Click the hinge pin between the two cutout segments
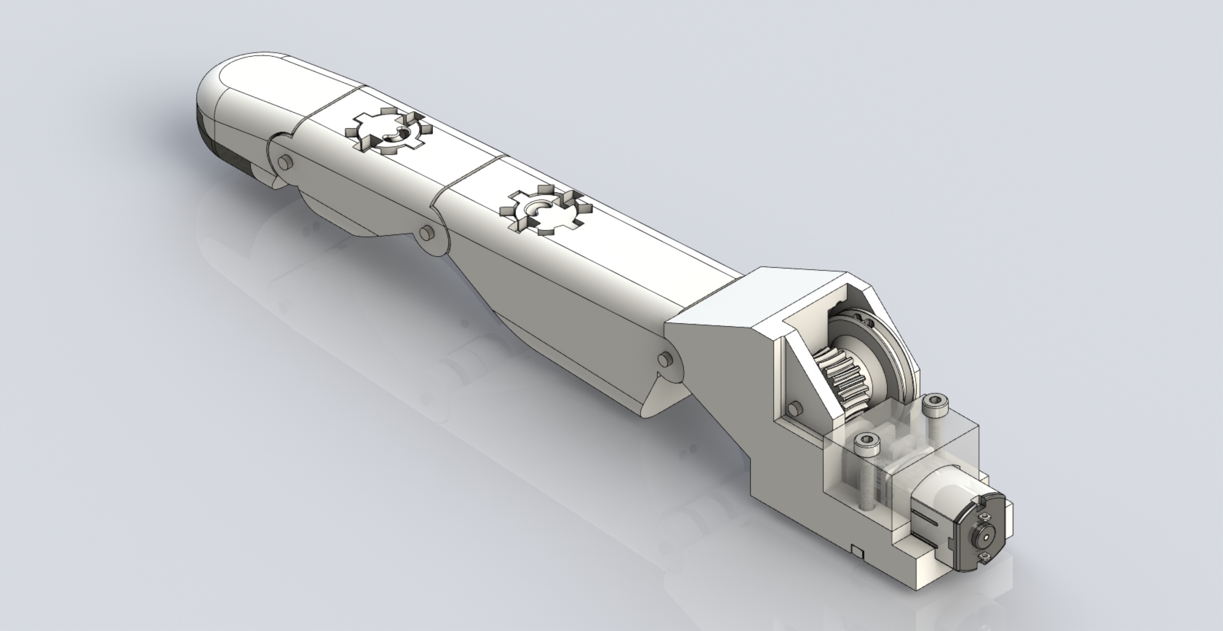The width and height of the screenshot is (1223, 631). (428, 233)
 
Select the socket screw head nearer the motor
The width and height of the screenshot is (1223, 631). (867, 441)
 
